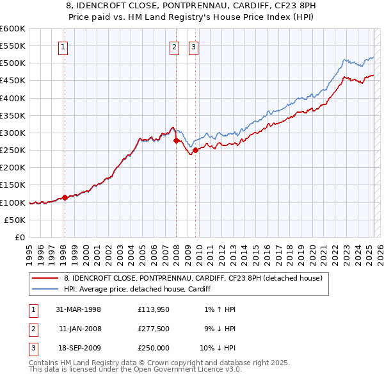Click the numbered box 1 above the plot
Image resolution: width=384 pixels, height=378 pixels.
[64, 46]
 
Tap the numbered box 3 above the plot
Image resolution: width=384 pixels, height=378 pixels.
[193, 46]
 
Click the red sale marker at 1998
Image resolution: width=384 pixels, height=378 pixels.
[65, 197]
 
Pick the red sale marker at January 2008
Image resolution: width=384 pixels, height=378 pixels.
[176, 140]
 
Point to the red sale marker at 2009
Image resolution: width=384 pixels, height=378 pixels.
[195, 150]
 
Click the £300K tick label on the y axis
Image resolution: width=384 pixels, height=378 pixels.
[13, 133]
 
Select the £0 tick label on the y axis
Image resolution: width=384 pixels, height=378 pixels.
[19, 237]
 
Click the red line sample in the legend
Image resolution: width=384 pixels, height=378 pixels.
[45, 278]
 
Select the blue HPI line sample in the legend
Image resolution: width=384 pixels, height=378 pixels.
[45, 289]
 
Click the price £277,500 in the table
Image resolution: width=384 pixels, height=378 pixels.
[153, 329]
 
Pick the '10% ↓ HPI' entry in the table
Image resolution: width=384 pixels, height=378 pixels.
[218, 348]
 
